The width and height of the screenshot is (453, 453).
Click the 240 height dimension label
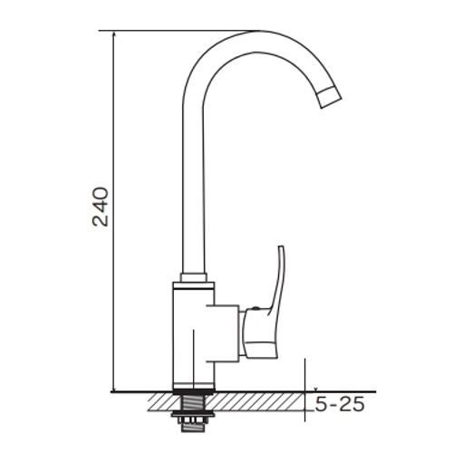[101, 207]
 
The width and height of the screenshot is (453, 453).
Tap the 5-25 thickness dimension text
[340, 404]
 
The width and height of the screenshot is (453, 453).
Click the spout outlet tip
[330, 97]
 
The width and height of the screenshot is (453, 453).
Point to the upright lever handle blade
[279, 278]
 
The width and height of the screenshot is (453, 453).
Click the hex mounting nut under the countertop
[191, 420]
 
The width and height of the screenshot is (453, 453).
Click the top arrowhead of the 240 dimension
[113, 34]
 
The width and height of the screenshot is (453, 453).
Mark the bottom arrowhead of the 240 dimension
[113, 389]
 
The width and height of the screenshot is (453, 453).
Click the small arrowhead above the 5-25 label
[315, 390]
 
